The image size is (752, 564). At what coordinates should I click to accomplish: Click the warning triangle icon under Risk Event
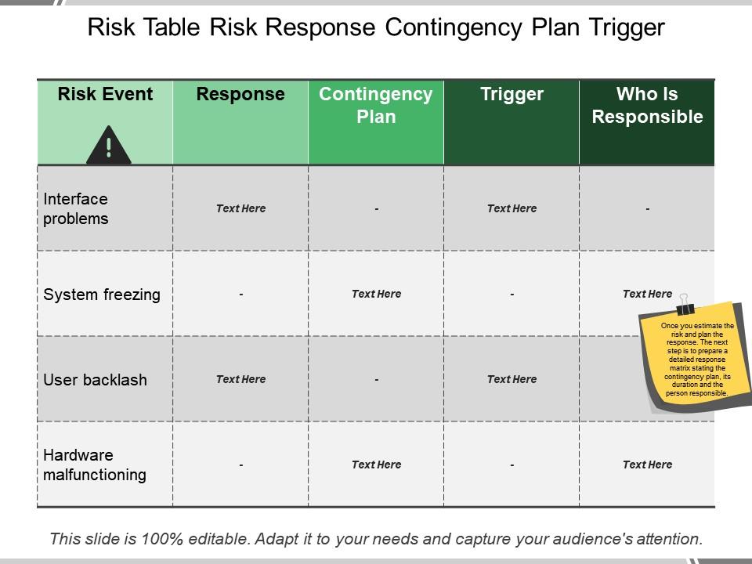pyautogui.click(x=108, y=146)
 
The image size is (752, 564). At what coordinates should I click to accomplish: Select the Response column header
pyautogui.click(x=240, y=95)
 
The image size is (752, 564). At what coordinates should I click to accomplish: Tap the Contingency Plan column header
pyautogui.click(x=376, y=106)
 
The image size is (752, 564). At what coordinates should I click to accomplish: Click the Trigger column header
pyautogui.click(x=512, y=95)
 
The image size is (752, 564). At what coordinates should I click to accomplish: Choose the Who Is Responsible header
pyautogui.click(x=647, y=106)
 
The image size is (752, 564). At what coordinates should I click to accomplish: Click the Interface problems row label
pyautogui.click(x=76, y=208)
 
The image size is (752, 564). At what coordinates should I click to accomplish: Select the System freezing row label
pyautogui.click(x=102, y=295)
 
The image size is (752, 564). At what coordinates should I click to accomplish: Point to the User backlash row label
pyautogui.click(x=95, y=380)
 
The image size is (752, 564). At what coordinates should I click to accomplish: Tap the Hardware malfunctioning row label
pyautogui.click(x=94, y=465)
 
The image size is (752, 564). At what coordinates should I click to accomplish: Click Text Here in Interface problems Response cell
pyautogui.click(x=240, y=208)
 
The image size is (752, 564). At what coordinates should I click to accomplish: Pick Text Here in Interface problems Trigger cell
pyautogui.click(x=512, y=208)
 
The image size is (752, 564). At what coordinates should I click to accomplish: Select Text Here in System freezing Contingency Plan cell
pyautogui.click(x=376, y=294)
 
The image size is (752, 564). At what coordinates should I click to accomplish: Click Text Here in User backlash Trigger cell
pyautogui.click(x=512, y=379)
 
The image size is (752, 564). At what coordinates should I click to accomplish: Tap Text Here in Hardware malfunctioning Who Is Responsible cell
pyautogui.click(x=647, y=465)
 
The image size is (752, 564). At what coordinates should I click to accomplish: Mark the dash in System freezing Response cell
pyautogui.click(x=240, y=295)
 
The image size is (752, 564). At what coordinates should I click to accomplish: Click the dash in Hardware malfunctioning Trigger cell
pyautogui.click(x=512, y=465)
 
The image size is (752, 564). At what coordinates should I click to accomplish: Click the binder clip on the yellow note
pyautogui.click(x=686, y=304)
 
